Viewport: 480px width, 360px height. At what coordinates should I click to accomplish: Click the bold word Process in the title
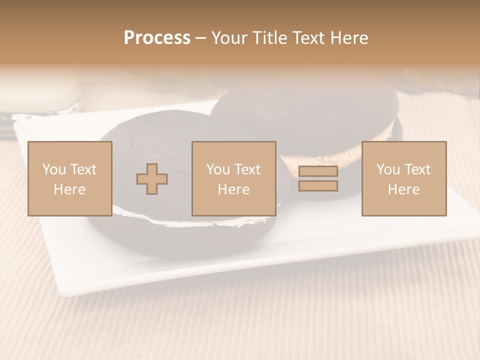157,38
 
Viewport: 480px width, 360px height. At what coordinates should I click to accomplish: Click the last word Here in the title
349,38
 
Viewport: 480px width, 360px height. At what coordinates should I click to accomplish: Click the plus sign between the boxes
152,179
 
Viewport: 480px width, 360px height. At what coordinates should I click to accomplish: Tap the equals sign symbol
318,179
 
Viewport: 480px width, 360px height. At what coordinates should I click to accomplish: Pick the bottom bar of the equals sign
318,186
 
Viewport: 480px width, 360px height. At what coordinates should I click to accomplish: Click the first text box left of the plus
69,178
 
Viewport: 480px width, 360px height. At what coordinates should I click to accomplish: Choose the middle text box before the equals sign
233,178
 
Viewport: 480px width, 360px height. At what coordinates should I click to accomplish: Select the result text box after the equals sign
403,178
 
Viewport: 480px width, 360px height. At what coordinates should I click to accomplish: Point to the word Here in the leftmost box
69,189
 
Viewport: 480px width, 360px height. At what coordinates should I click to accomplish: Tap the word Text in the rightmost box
417,169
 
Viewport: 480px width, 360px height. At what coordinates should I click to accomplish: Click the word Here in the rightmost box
403,189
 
